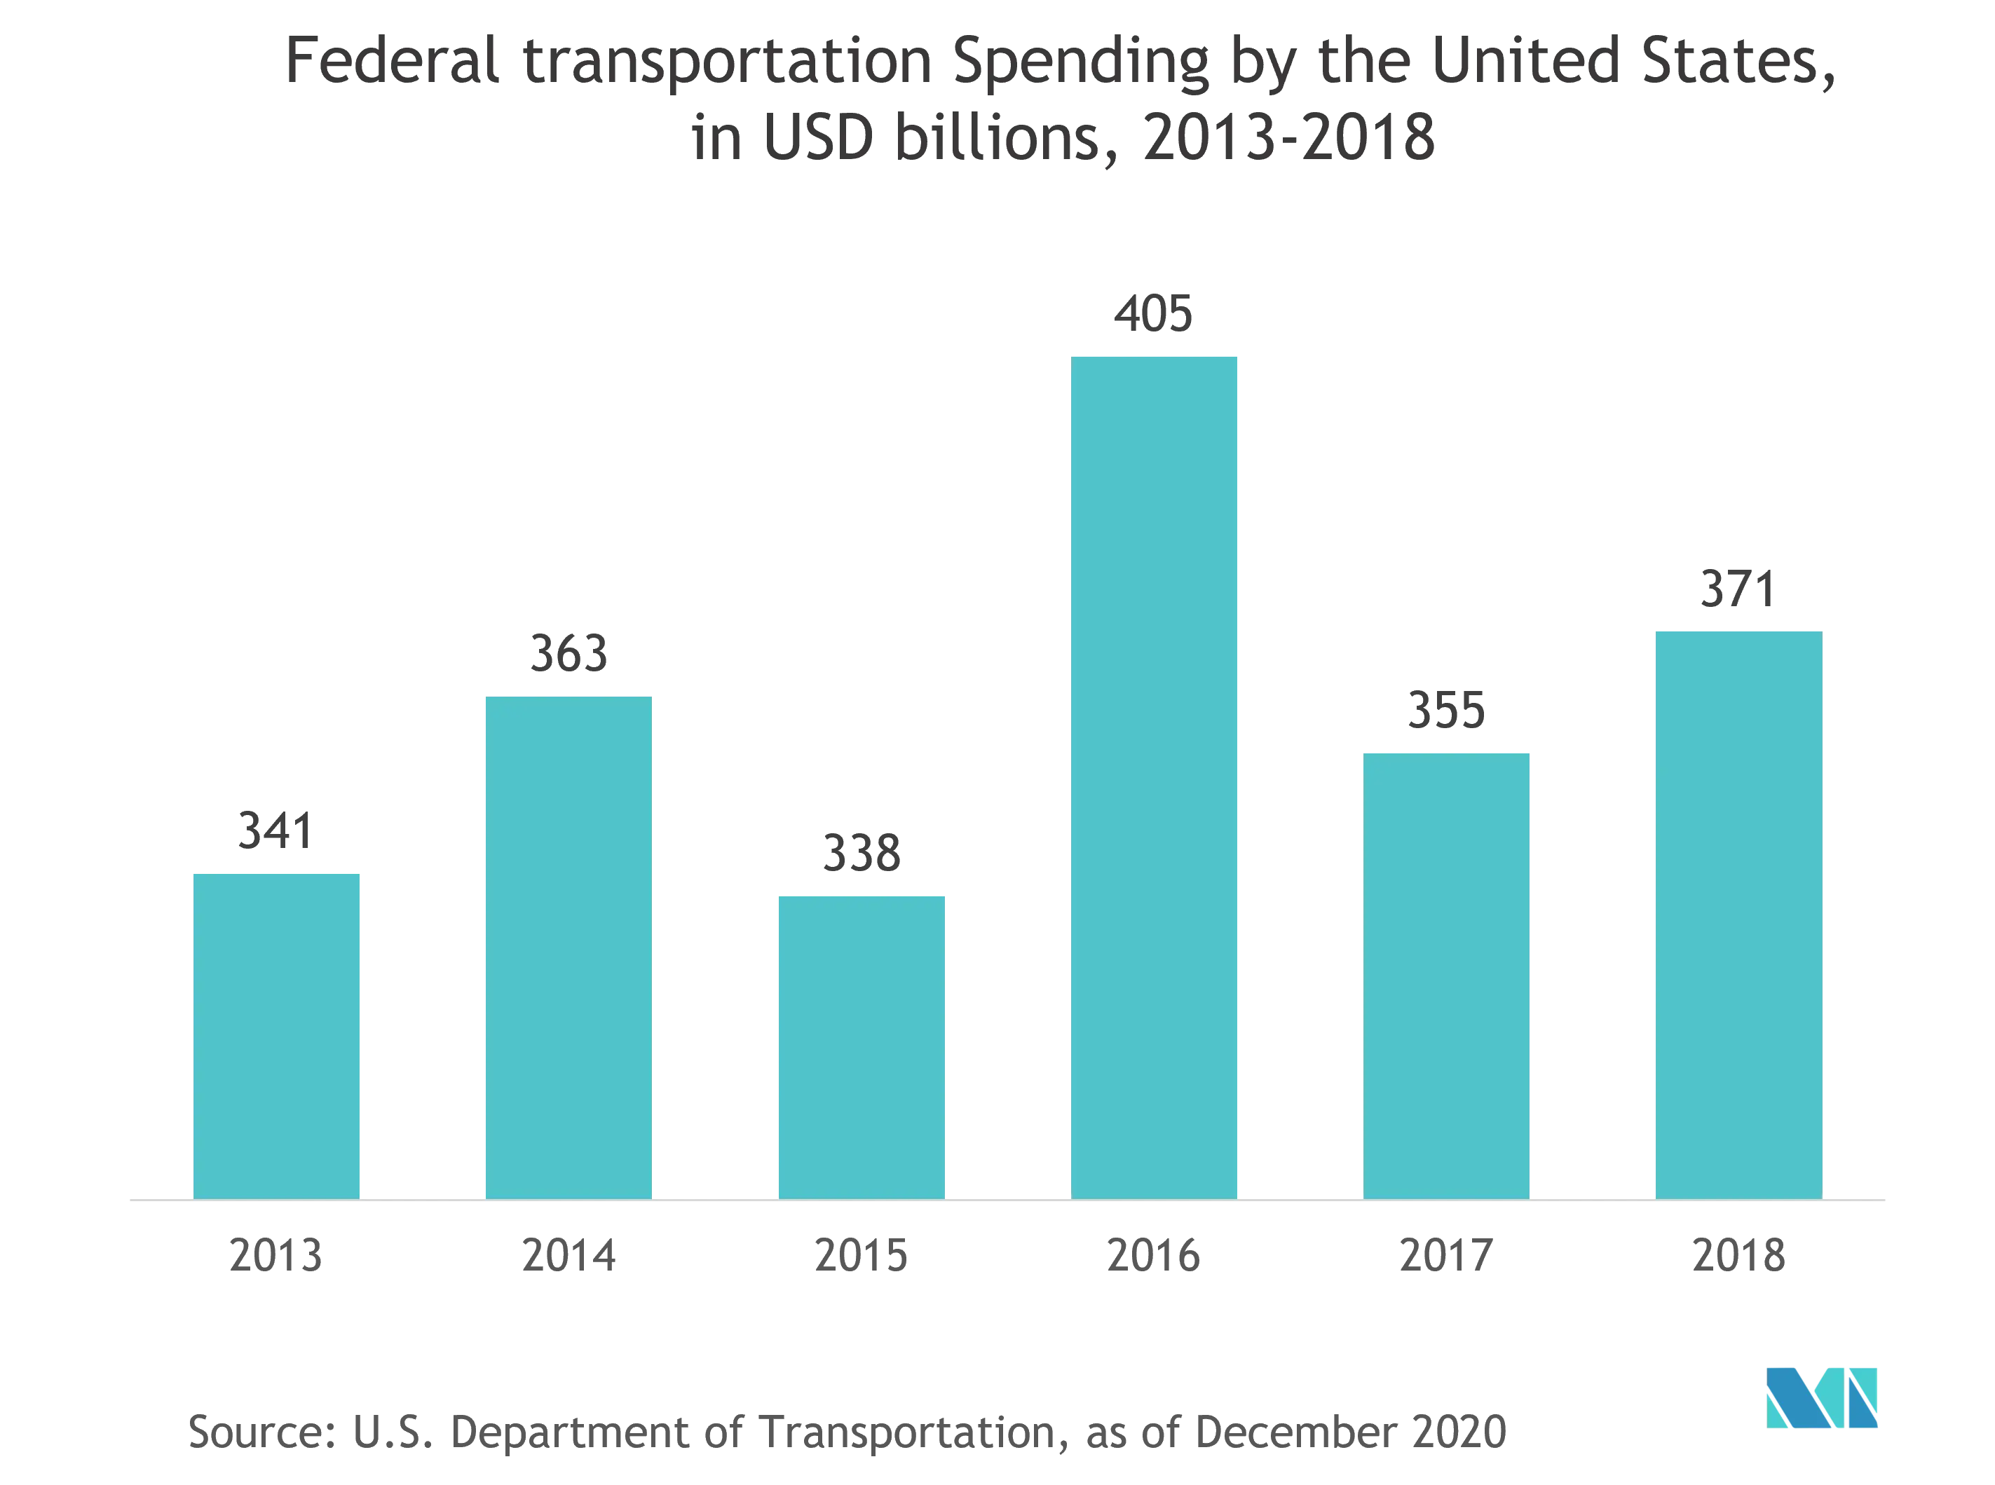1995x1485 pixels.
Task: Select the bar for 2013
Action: [277, 1034]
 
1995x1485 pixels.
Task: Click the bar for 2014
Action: [568, 947]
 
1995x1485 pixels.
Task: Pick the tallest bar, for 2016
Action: [1155, 776]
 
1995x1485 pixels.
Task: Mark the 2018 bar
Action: [1738, 913]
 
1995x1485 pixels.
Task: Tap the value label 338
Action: [860, 854]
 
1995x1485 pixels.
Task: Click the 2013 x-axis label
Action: [277, 1256]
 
